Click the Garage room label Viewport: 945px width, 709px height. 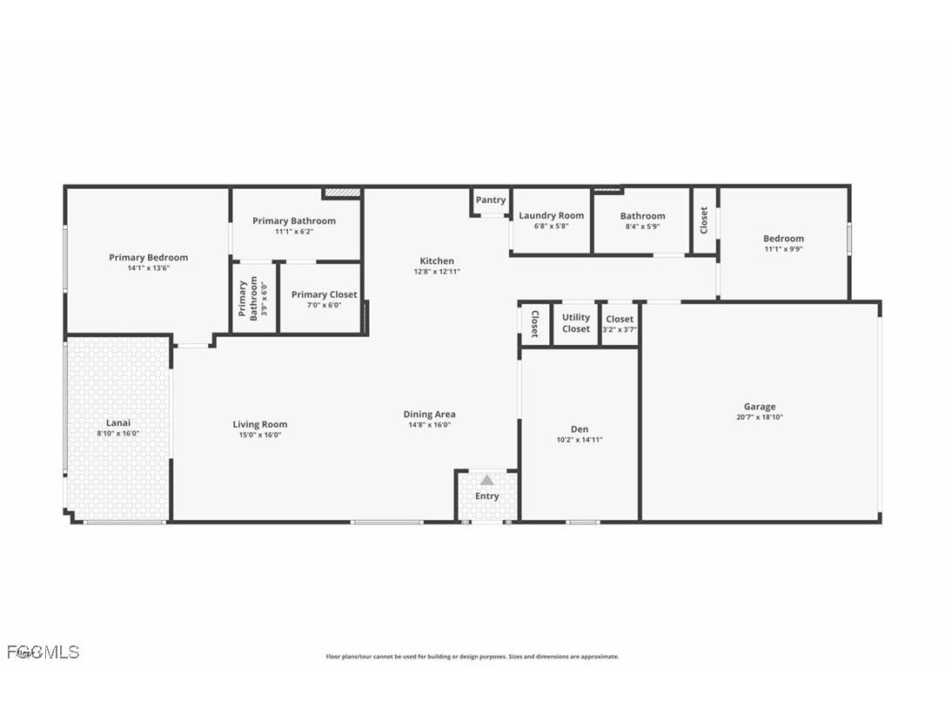click(759, 407)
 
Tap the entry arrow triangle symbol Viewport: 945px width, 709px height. click(487, 480)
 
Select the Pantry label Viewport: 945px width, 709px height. click(491, 200)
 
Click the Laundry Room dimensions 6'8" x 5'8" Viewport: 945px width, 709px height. click(551, 226)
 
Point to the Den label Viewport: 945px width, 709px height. click(580, 429)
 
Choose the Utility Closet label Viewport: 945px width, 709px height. click(576, 323)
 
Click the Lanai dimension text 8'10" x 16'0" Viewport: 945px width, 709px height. click(117, 434)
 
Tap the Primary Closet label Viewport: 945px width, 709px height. click(324, 294)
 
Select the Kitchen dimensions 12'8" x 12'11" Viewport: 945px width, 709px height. click(437, 272)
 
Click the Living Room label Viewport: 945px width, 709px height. click(259, 424)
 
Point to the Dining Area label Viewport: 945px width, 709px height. click(429, 415)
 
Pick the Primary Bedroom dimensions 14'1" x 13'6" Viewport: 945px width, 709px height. click(148, 268)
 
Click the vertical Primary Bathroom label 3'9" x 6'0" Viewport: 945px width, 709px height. click(253, 299)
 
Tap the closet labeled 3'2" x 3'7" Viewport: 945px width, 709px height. click(620, 324)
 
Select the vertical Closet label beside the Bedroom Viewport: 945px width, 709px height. click(704, 219)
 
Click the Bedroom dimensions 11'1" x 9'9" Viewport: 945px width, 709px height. click(783, 249)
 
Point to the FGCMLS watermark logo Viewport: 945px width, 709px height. click(42, 652)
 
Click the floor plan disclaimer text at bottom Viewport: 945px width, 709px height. click(472, 657)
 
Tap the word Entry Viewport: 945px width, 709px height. click(487, 496)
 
